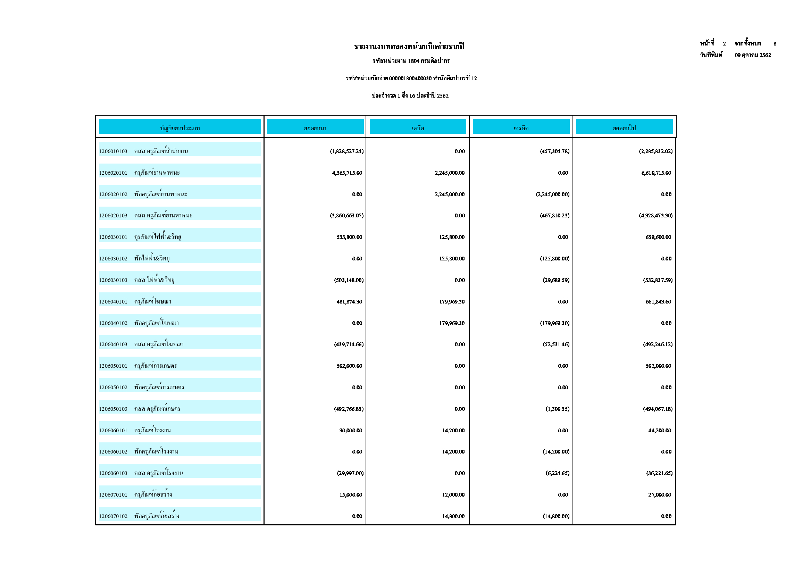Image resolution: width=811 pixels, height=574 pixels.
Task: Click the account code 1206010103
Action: [113, 151]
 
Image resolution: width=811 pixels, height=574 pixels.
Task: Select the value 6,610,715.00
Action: [656, 173]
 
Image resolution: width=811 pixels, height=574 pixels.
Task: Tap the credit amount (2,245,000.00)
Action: [552, 194]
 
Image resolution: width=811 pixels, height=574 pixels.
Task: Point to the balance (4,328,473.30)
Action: [655, 216]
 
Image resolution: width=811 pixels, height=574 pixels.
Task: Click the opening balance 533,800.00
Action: [349, 237]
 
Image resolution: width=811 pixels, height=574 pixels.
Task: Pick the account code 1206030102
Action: [113, 259]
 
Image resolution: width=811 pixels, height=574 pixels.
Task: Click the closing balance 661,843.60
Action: [658, 302]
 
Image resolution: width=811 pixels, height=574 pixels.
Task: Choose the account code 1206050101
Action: [113, 366]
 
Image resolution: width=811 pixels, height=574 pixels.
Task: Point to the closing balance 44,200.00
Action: [659, 431]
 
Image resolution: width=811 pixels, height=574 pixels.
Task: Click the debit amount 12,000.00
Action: [453, 495]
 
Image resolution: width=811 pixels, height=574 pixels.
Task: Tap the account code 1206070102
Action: [113, 516]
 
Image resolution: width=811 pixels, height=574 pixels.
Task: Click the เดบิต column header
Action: [418, 128]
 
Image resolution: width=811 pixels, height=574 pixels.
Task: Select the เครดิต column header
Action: [521, 128]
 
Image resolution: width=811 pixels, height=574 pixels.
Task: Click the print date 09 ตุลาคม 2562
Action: [753, 55]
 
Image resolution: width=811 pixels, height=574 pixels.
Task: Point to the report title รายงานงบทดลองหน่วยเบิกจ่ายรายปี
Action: [409, 47]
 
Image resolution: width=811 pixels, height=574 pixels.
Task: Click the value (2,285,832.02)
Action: [655, 151]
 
